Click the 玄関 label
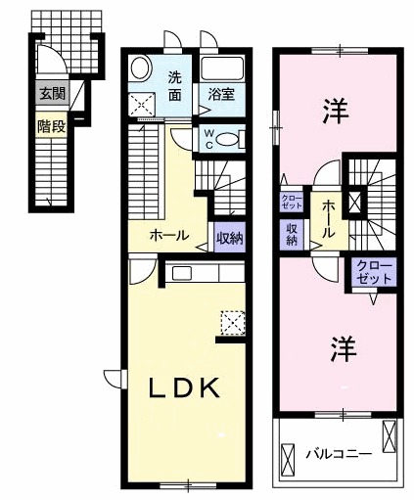51,94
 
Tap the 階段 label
51,125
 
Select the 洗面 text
175,86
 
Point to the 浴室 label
220,96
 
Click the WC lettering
208,138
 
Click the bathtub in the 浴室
222,69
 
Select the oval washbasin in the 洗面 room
140,68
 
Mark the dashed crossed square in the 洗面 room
144,103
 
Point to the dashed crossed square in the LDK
233,322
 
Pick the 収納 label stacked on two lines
292,234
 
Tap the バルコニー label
338,453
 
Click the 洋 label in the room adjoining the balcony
340,347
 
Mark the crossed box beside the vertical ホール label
354,204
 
